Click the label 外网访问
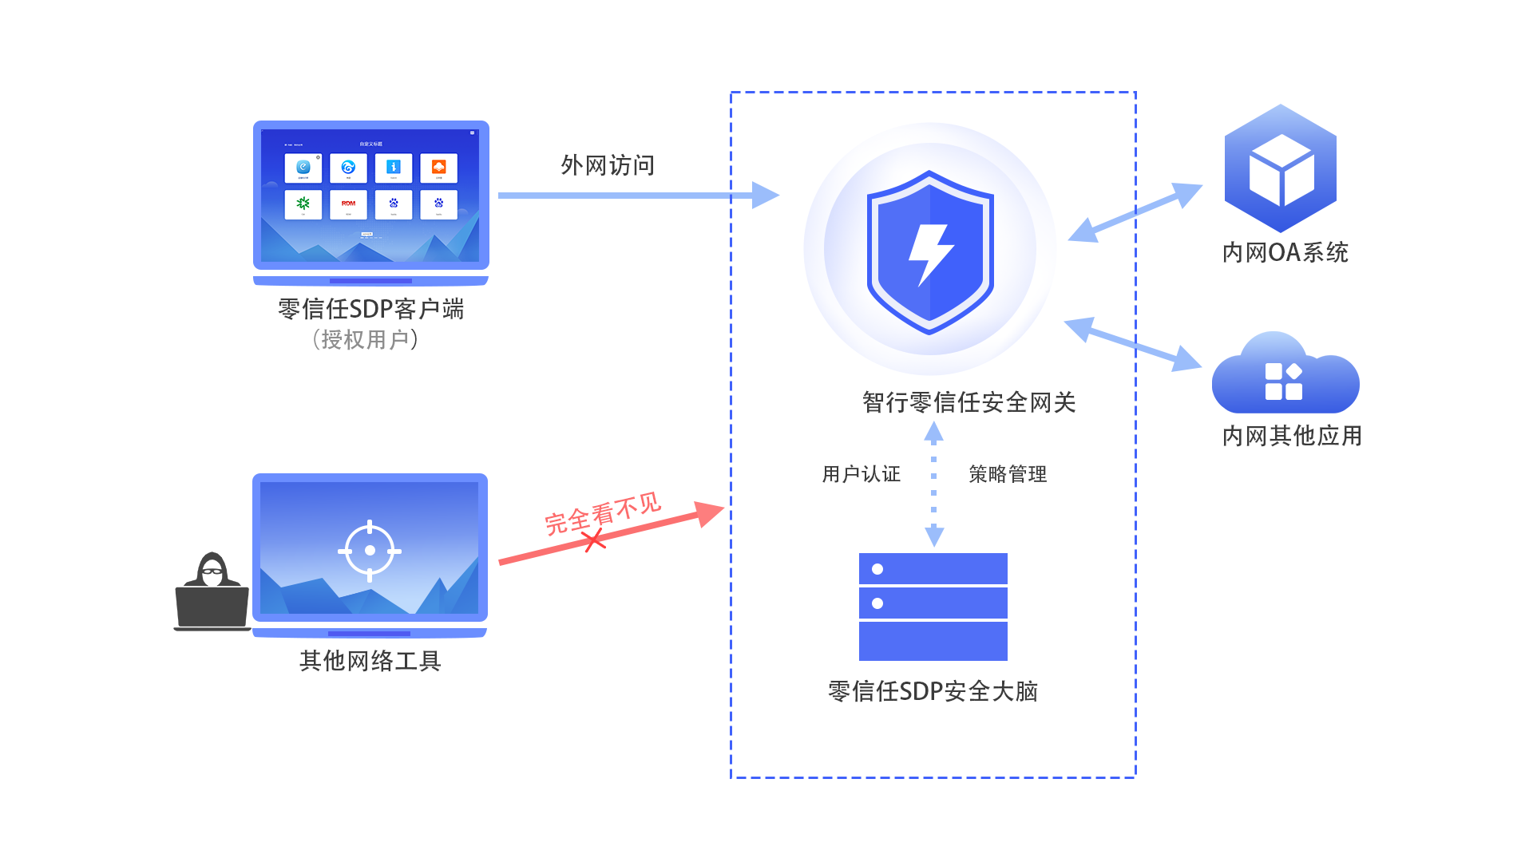click(608, 165)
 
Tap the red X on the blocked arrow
click(594, 540)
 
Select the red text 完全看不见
click(603, 513)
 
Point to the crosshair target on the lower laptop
click(370, 551)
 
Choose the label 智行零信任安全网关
click(969, 402)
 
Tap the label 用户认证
click(861, 474)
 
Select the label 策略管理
click(1007, 474)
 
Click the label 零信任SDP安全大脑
click(933, 691)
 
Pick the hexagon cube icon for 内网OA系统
click(1281, 169)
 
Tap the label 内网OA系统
click(1285, 253)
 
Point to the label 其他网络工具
click(370, 661)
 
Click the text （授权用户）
click(365, 340)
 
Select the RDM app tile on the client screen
click(348, 204)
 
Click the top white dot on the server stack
click(877, 569)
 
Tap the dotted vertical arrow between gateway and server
click(933, 484)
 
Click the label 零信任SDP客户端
click(370, 309)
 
